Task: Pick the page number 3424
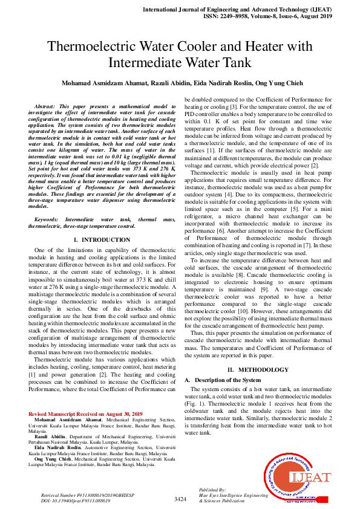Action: [x=180, y=499]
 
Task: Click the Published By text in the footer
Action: [x=212, y=489]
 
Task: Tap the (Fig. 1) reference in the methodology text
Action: [x=194, y=403]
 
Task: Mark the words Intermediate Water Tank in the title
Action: [x=180, y=62]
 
